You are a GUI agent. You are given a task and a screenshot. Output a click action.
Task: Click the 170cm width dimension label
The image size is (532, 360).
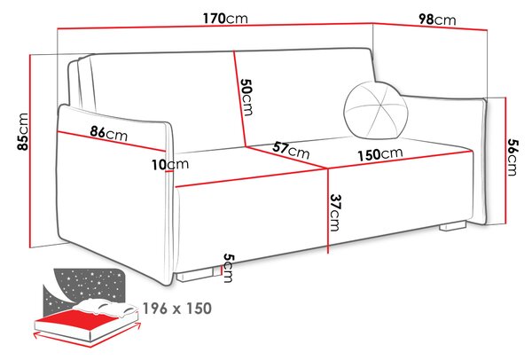tap(225, 19)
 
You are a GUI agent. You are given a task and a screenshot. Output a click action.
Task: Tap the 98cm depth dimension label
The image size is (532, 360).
tap(437, 20)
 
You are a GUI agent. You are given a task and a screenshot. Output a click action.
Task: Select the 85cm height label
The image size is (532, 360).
tap(23, 131)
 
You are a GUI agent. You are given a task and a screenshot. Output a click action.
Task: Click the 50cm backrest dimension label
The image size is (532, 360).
tap(246, 97)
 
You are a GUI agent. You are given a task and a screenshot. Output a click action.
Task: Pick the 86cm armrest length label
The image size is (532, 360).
tap(109, 133)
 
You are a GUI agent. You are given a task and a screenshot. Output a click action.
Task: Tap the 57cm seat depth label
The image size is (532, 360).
tap(291, 151)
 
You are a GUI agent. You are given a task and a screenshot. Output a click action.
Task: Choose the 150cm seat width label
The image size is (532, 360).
tap(380, 154)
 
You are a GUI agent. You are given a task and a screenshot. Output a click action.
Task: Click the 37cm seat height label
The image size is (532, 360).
tap(334, 213)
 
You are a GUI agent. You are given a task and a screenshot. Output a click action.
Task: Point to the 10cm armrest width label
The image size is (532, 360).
tap(170, 165)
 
